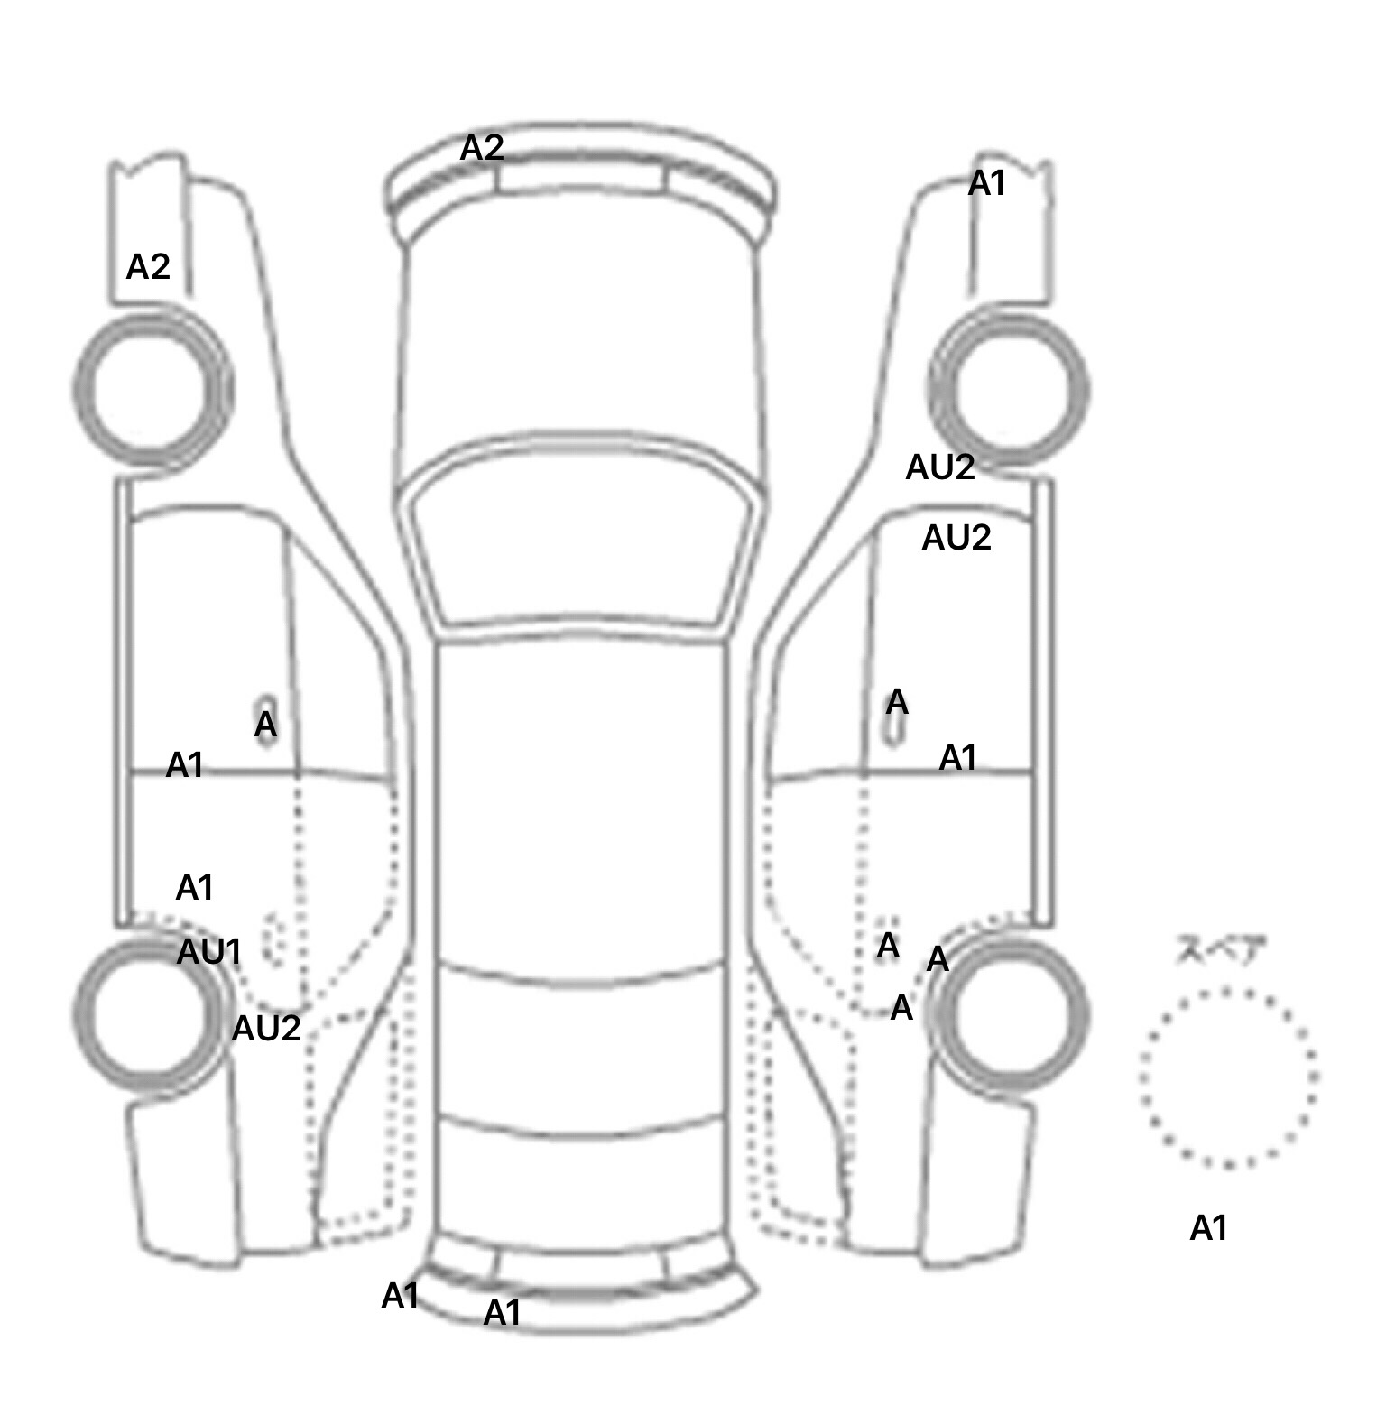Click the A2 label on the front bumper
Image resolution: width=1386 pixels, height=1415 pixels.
click(482, 148)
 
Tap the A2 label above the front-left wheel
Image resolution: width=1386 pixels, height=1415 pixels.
click(148, 267)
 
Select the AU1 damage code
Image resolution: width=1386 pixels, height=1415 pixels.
click(208, 952)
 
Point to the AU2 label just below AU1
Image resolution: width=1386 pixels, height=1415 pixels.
click(266, 1029)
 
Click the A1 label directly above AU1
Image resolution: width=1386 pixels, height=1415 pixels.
click(194, 889)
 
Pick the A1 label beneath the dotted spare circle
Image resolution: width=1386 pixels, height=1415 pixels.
click(1209, 1228)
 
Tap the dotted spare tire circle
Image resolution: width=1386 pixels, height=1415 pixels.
click(1228, 1077)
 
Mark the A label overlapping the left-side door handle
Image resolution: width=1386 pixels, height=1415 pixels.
click(265, 725)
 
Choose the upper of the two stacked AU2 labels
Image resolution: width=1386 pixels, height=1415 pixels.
click(940, 467)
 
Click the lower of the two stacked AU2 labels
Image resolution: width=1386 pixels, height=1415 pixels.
click(956, 539)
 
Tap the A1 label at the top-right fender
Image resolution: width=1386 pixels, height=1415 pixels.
click(986, 184)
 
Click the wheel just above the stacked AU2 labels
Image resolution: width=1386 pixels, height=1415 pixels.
click(1009, 390)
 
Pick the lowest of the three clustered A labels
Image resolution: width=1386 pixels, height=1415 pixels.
click(901, 1008)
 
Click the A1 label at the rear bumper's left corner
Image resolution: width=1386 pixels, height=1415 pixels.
click(400, 1297)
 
